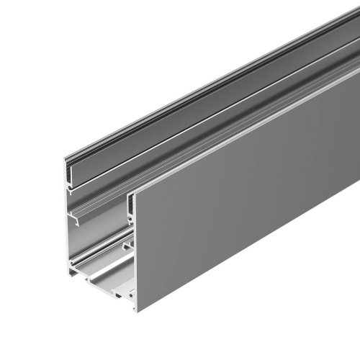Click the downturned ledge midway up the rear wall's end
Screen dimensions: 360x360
(x=75, y=214)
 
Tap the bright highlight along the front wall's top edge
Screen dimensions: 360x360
(x=245, y=129)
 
